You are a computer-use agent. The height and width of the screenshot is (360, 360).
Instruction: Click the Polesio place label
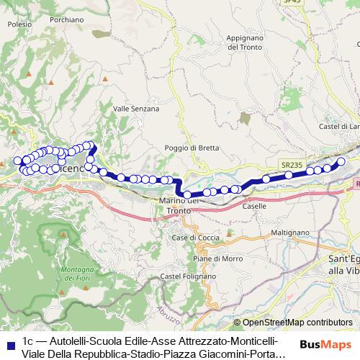pyautogui.click(x=19, y=24)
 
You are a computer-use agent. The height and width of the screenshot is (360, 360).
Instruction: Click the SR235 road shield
pyautogui.click(x=292, y=164)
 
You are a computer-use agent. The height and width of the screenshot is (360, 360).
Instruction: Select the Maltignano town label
pyautogui.click(x=289, y=233)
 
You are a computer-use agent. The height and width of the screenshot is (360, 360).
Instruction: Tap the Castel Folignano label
pyautogui.click(x=188, y=276)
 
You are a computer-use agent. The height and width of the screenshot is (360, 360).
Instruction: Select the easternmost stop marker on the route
pyautogui.click(x=342, y=161)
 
